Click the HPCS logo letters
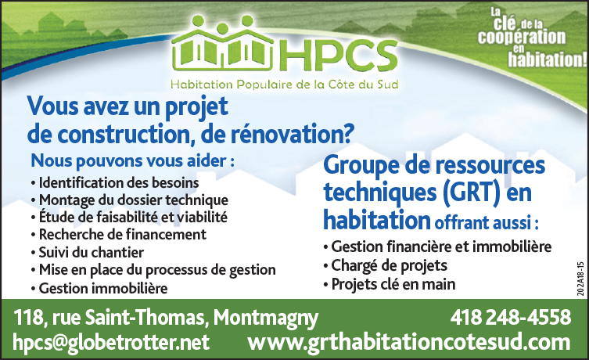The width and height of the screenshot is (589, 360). (x=338, y=56)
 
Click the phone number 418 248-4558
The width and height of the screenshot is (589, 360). (x=511, y=317)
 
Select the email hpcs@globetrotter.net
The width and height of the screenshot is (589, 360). (x=111, y=342)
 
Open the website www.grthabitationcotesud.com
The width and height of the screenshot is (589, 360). (x=408, y=343)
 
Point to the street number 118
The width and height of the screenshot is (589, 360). (x=28, y=318)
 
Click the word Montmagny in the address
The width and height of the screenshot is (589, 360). (x=266, y=319)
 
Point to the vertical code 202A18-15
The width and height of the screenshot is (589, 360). (x=581, y=279)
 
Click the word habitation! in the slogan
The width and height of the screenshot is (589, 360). (x=548, y=59)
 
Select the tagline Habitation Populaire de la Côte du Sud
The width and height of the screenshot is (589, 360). (x=285, y=85)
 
